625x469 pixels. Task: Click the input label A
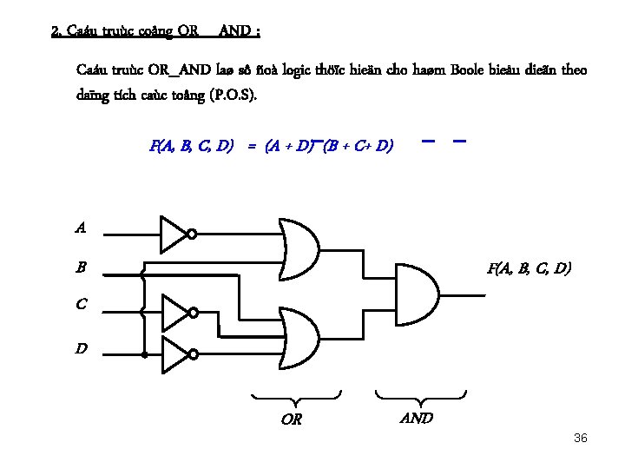pos(81,228)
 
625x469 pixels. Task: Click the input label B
pos(81,268)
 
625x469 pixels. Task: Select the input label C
pos(81,305)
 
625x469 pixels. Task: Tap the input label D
pos(81,349)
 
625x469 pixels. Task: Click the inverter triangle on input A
pos(173,233)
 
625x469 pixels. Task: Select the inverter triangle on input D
pos(174,353)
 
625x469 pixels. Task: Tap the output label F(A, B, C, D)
pos(529,268)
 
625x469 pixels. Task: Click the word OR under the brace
pos(292,420)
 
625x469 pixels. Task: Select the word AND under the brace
pos(417,418)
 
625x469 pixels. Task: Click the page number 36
pos(581,438)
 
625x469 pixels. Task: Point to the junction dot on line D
pos(144,353)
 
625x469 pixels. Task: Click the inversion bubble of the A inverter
pos(193,234)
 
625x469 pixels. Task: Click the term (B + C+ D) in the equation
pos(359,146)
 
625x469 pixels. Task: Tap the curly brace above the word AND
pos(421,400)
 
